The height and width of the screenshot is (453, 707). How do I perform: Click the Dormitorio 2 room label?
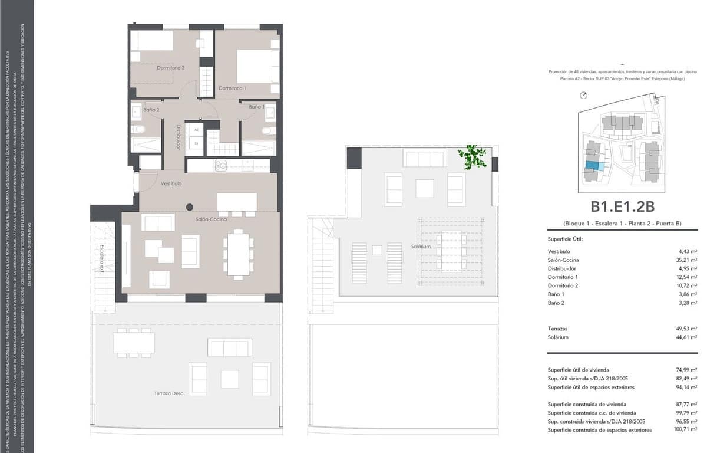pyautogui.click(x=171, y=68)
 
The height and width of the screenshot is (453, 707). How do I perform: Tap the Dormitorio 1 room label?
pyautogui.click(x=232, y=88)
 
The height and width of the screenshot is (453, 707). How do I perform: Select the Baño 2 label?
pyautogui.click(x=151, y=110)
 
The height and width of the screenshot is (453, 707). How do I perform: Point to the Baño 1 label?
pyautogui.click(x=256, y=107)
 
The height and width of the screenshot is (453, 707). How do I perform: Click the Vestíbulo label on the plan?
pyautogui.click(x=171, y=184)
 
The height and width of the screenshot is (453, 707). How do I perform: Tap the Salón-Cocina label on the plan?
pyautogui.click(x=212, y=219)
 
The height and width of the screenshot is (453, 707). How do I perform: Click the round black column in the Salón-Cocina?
pyautogui.click(x=190, y=207)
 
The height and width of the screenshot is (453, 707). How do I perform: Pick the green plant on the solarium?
pyautogui.click(x=473, y=157)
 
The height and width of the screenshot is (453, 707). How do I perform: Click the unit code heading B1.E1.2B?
pyautogui.click(x=623, y=206)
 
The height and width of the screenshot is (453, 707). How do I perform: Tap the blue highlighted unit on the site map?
pyautogui.click(x=594, y=166)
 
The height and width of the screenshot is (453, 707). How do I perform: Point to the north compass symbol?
pyautogui.click(x=583, y=95)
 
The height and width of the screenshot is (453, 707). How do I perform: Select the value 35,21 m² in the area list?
pyautogui.click(x=688, y=260)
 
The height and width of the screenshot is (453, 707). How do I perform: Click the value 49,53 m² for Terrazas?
pyautogui.click(x=688, y=329)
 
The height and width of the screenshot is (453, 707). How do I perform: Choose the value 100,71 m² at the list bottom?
pyautogui.click(x=686, y=430)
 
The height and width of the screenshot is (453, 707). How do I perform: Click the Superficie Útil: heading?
pyautogui.click(x=564, y=239)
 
